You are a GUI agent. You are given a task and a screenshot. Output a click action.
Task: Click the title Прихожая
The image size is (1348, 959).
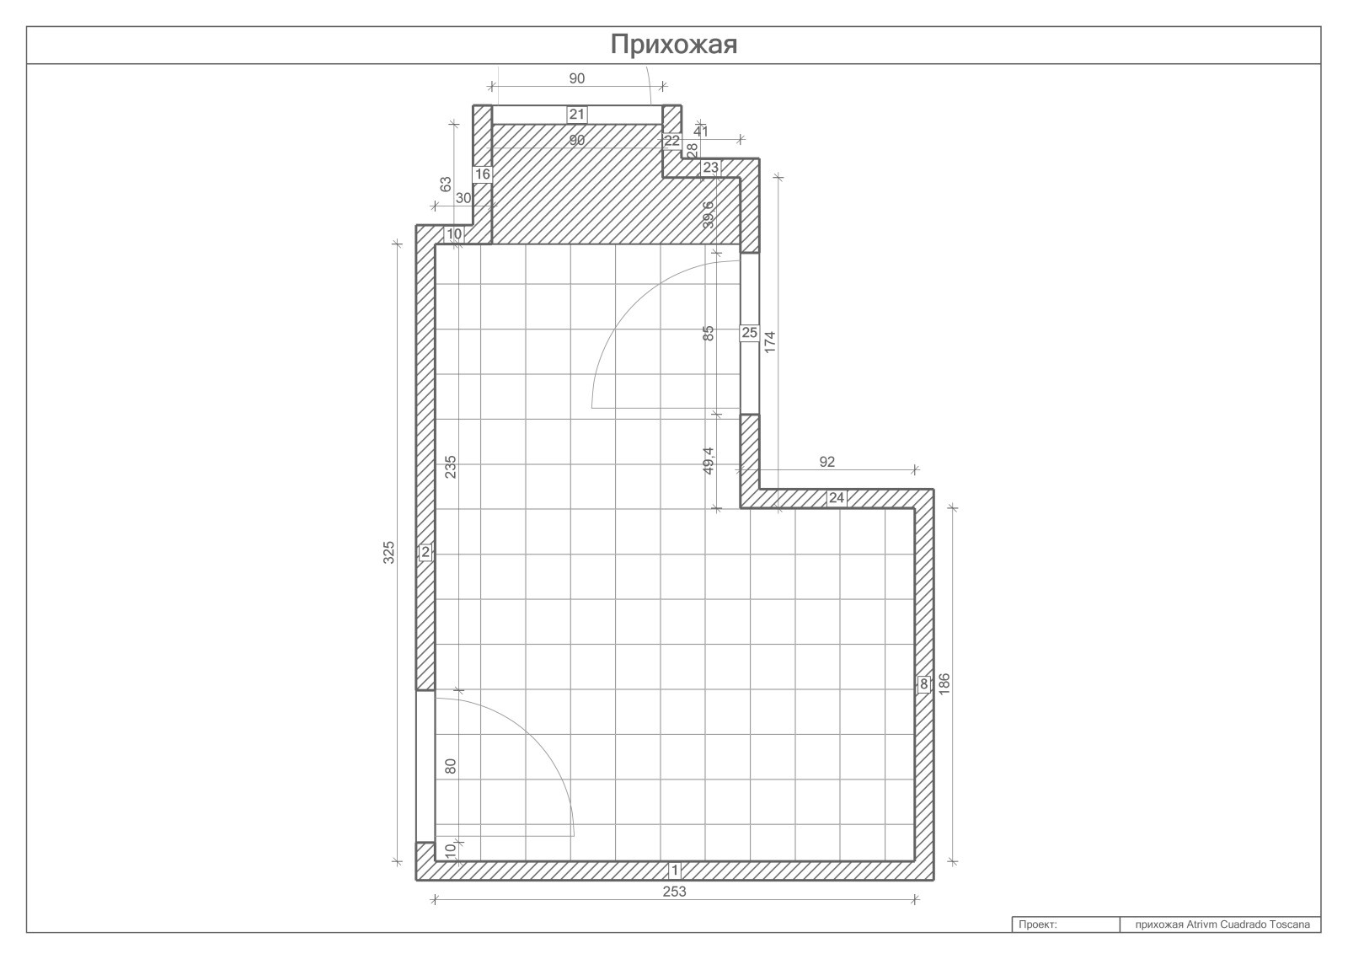[x=673, y=45]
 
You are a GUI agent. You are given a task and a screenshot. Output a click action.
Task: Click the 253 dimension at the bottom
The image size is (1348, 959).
[x=674, y=892]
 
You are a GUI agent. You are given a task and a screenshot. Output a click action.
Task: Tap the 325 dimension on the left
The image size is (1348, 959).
[x=388, y=552]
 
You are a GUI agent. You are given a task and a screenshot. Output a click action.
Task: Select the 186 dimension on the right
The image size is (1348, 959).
[x=944, y=684]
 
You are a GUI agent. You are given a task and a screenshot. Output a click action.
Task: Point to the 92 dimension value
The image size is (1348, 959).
[x=826, y=462]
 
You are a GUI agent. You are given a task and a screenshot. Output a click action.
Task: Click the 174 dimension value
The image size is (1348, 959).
[x=770, y=342]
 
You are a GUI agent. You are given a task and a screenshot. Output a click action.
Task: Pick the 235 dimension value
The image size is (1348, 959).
[x=451, y=467]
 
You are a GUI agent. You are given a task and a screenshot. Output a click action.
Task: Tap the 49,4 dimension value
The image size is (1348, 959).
[x=709, y=460]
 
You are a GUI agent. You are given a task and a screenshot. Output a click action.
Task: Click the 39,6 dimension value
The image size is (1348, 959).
[x=709, y=215]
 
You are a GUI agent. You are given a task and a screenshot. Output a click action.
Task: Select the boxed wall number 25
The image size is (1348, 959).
[x=749, y=332]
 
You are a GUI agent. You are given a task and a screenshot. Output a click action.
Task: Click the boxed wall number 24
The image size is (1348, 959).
[x=837, y=498]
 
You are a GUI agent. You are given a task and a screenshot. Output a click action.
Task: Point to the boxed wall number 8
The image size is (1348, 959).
[x=923, y=684]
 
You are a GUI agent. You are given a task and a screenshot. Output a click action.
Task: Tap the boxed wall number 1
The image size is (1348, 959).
[x=675, y=871]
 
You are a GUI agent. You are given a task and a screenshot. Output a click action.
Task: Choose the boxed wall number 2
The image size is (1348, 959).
[x=425, y=552]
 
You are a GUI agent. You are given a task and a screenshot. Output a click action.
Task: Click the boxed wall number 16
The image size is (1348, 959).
[x=483, y=174]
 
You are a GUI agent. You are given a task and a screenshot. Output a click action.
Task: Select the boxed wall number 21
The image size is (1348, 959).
[x=576, y=115]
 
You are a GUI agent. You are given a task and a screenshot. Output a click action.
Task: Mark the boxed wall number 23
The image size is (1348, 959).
[x=711, y=168]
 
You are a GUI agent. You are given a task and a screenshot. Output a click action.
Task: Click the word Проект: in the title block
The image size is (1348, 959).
[x=1037, y=924]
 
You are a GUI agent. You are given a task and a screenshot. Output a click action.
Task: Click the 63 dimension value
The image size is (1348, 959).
[x=446, y=184]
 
